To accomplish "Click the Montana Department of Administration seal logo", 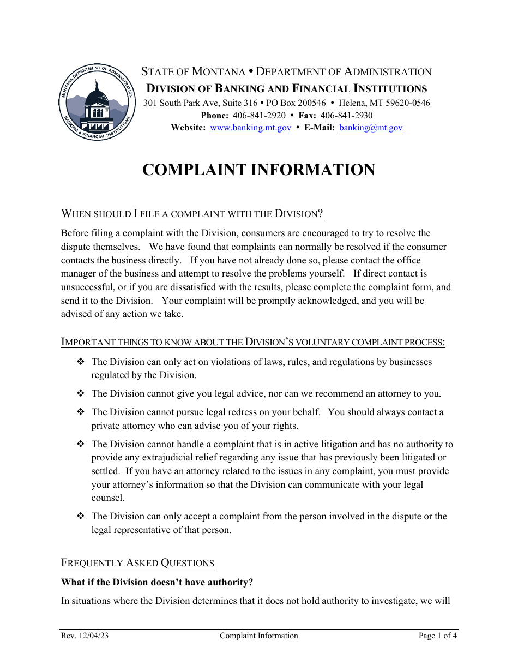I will pyautogui.click(x=97, y=101).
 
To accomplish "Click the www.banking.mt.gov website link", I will pyautogui.click(x=250, y=128).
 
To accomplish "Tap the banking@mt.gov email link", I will pyautogui.click(x=370, y=128).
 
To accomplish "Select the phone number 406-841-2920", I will pyautogui.click(x=259, y=115).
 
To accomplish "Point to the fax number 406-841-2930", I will pyautogui.click(x=346, y=115).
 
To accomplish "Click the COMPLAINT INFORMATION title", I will pyautogui.click(x=258, y=170).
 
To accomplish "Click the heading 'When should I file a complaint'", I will pyautogui.click(x=192, y=213).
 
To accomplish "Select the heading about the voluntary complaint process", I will pyautogui.click(x=253, y=342).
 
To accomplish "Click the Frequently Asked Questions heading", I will pyautogui.click(x=137, y=562).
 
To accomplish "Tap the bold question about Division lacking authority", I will pyautogui.click(x=157, y=582).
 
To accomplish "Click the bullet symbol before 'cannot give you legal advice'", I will pyautogui.click(x=81, y=393).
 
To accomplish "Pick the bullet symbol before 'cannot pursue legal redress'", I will pyautogui.click(x=81, y=412).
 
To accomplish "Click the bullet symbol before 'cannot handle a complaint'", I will pyautogui.click(x=81, y=444).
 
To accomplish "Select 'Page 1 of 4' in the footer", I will pyautogui.click(x=437, y=636).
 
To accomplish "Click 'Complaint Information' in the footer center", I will pyautogui.click(x=259, y=636).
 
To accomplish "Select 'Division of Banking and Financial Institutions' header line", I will pyautogui.click(x=286, y=88).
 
